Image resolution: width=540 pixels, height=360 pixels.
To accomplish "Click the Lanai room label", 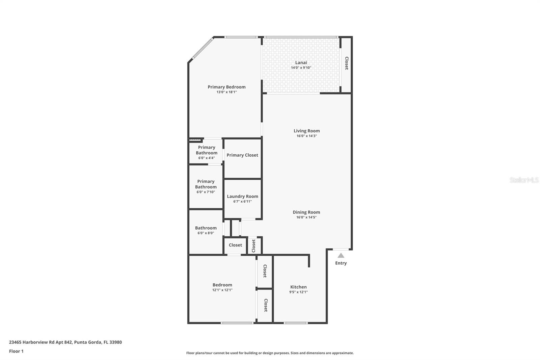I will pos(301,62).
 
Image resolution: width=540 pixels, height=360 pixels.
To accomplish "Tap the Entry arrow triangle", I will pos(341,256).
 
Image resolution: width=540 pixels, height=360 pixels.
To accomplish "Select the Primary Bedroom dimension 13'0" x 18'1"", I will pos(226,92).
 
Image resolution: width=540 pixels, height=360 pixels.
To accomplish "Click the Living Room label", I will pos(306,131).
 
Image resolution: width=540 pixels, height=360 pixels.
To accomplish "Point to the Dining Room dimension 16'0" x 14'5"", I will pos(306,217).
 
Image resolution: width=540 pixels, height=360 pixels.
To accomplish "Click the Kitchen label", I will pos(298,287).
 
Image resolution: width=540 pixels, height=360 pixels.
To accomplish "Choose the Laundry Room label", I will pos(242,196).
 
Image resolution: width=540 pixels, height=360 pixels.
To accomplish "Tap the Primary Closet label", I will pos(242,155).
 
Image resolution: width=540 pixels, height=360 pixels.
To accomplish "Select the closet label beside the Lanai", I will pos(347,63).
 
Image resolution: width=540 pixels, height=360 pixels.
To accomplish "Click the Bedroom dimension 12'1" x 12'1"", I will pos(222,290).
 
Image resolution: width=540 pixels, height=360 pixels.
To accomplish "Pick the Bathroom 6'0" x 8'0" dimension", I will pos(206,233).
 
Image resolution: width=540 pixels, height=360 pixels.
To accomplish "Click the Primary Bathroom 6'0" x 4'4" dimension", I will pos(206,158).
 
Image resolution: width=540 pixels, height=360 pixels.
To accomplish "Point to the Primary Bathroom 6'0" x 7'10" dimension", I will pos(206,192).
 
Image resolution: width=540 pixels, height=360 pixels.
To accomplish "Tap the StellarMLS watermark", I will pos(524,180).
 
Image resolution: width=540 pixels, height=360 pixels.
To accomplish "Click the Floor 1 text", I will pos(16,351).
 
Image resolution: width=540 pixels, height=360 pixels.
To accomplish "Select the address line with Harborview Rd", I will pos(65,342).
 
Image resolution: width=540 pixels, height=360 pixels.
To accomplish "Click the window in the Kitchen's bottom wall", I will pos(296,323).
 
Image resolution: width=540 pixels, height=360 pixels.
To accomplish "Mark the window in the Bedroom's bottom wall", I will pos(237,323).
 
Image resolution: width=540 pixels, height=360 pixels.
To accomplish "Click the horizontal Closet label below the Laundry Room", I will pos(235,245).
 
